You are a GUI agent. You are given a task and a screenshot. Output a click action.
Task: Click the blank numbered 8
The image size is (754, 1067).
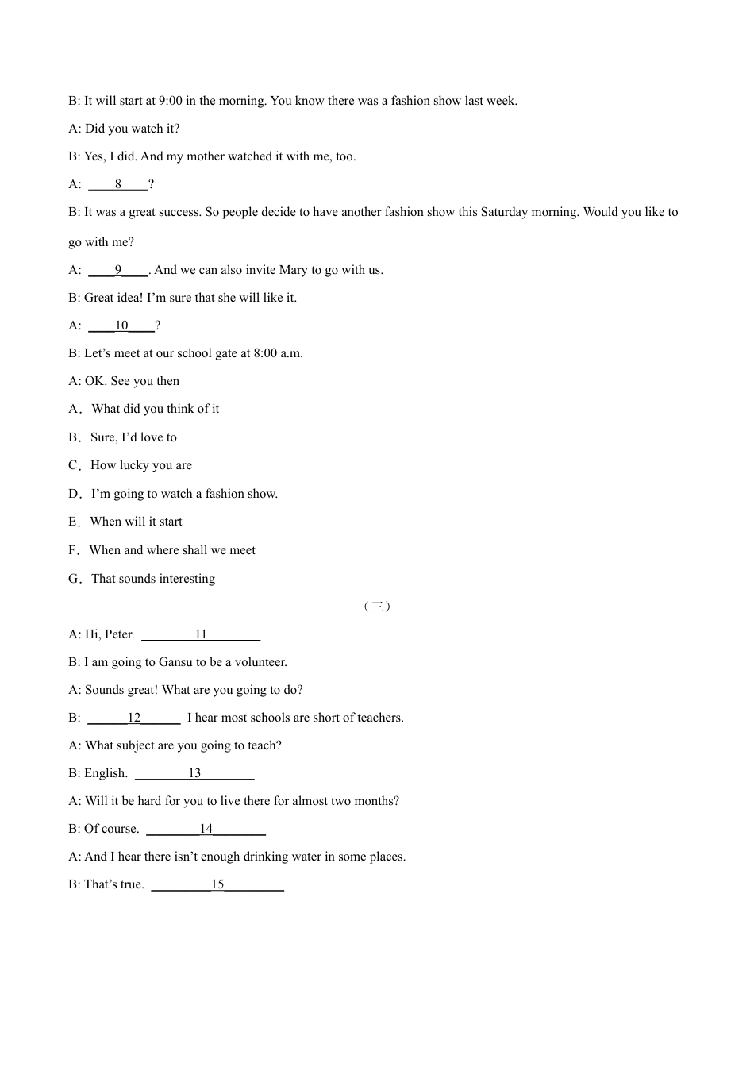click(x=118, y=184)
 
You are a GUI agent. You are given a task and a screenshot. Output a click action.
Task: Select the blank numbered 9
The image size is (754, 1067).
click(x=118, y=270)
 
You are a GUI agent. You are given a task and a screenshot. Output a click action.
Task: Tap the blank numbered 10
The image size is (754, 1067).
click(x=121, y=325)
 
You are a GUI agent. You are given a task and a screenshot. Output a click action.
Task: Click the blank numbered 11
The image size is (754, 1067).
click(x=201, y=634)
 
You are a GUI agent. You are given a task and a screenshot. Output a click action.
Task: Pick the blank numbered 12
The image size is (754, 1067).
click(x=134, y=718)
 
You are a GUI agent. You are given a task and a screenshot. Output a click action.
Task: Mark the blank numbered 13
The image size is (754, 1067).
click(x=194, y=773)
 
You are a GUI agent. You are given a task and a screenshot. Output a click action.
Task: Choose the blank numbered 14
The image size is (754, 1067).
click(x=206, y=829)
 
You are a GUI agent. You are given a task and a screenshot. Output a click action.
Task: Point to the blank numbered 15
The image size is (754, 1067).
click(x=217, y=884)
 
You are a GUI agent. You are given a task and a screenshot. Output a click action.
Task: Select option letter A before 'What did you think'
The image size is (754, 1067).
click(x=74, y=409)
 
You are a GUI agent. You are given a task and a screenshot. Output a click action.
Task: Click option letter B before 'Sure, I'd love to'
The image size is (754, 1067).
click(x=74, y=437)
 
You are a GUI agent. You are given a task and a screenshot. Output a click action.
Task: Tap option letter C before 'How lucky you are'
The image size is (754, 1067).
click(x=74, y=465)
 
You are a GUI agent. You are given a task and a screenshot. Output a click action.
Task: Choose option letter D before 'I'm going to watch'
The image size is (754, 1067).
click(x=74, y=494)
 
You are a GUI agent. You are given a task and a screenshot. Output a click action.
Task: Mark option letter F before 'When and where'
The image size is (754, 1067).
click(x=73, y=550)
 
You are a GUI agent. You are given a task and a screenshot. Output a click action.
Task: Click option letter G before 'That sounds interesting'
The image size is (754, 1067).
click(x=74, y=579)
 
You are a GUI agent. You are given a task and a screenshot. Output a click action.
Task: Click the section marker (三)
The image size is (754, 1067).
click(x=377, y=607)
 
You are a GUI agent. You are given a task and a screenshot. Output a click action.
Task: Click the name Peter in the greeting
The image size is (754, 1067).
click(x=119, y=634)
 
